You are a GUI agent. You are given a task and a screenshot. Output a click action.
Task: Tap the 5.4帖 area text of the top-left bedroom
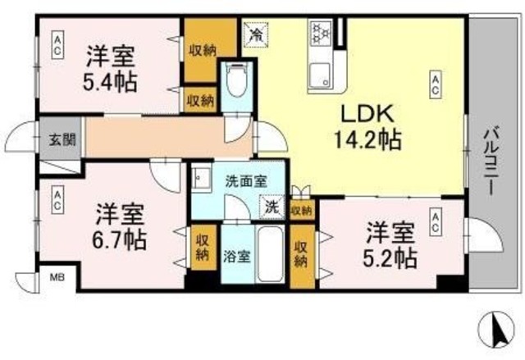pos(111,82)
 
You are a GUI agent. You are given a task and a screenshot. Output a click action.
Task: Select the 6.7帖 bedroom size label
pos(120,239)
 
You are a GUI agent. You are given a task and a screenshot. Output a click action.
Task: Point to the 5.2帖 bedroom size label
pos(390,257)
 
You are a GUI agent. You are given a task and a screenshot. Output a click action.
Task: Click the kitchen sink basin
pos(320,74)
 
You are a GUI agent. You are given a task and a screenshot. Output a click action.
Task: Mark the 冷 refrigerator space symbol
pos(256,34)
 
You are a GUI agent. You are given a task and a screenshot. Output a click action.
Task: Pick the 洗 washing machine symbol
pos(271,207)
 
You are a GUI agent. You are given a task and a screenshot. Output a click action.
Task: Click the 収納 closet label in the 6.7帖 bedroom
pos(202,248)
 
